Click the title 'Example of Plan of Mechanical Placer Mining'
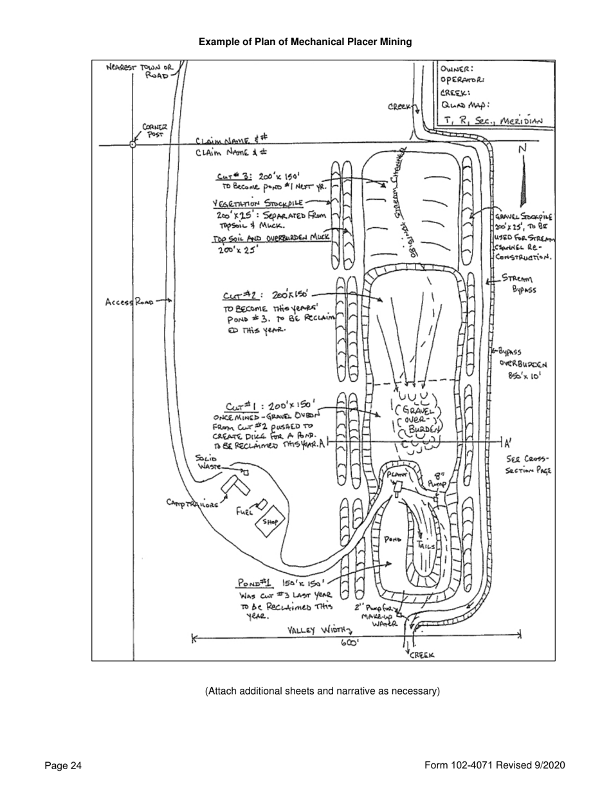pos(305,42)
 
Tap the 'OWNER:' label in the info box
pos(458,69)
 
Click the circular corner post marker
pos(132,145)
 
